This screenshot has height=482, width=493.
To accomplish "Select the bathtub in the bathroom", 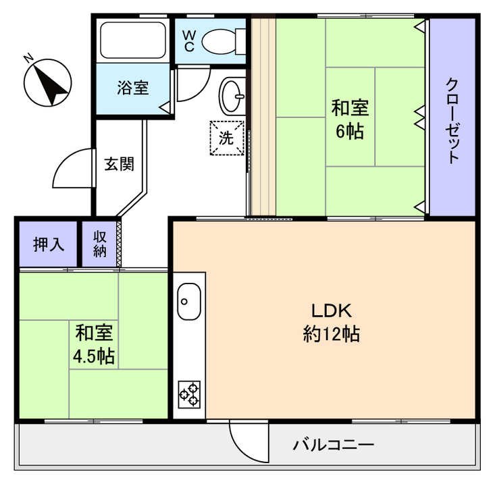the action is click(132, 40).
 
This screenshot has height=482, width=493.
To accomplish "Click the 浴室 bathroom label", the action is click(133, 88).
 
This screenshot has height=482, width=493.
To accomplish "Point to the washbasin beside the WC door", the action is click(232, 96).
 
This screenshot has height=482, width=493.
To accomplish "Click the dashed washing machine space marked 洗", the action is click(227, 138).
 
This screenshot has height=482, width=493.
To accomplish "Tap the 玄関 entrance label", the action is click(119, 164).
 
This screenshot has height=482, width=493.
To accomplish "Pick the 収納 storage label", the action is click(100, 244).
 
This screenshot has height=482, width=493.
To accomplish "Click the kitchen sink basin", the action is click(189, 302).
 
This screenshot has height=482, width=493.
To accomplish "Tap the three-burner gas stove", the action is click(189, 395).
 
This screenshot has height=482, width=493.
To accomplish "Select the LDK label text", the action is click(332, 311).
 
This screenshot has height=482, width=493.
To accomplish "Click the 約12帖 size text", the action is click(332, 333).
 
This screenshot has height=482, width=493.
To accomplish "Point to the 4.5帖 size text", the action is click(94, 356).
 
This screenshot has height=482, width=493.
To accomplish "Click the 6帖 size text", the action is click(350, 132).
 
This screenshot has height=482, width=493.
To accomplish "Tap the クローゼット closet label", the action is click(452, 120).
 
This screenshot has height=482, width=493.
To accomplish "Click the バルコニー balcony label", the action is click(334, 445).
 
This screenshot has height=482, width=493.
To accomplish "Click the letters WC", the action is click(189, 41).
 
